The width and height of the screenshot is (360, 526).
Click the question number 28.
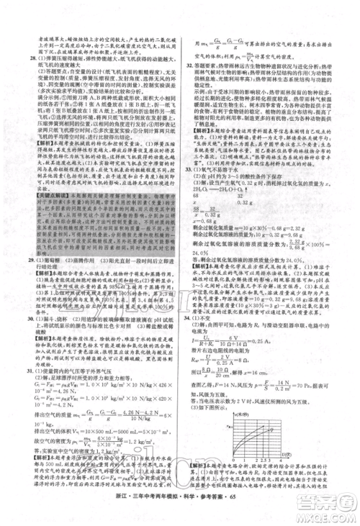click(x=23, y=53)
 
